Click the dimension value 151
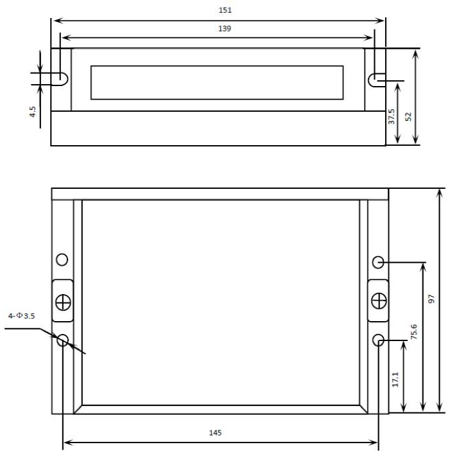click(225, 10)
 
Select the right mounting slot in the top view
click(375, 80)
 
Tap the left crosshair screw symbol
click(63, 301)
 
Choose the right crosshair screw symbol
click(379, 300)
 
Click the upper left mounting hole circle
click(62, 259)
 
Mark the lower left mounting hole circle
click(63, 340)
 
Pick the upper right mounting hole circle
click(378, 262)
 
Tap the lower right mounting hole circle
click(379, 340)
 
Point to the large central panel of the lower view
click(220, 302)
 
